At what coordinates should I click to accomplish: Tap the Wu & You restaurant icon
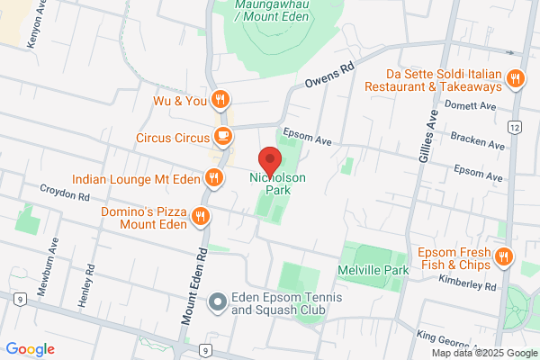click(220, 99)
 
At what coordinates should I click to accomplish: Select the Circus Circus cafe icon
click(222, 138)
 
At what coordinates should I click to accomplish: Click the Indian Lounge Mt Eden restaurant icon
click(213, 177)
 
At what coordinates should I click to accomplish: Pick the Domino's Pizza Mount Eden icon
click(200, 216)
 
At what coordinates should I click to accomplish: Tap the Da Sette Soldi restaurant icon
click(516, 78)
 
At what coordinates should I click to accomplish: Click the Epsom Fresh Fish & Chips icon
click(503, 256)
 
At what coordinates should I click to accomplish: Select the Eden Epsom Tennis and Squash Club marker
click(217, 303)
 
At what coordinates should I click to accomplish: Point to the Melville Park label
click(373, 270)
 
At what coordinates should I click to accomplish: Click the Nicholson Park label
click(278, 183)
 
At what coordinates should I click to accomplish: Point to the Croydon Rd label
click(65, 193)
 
